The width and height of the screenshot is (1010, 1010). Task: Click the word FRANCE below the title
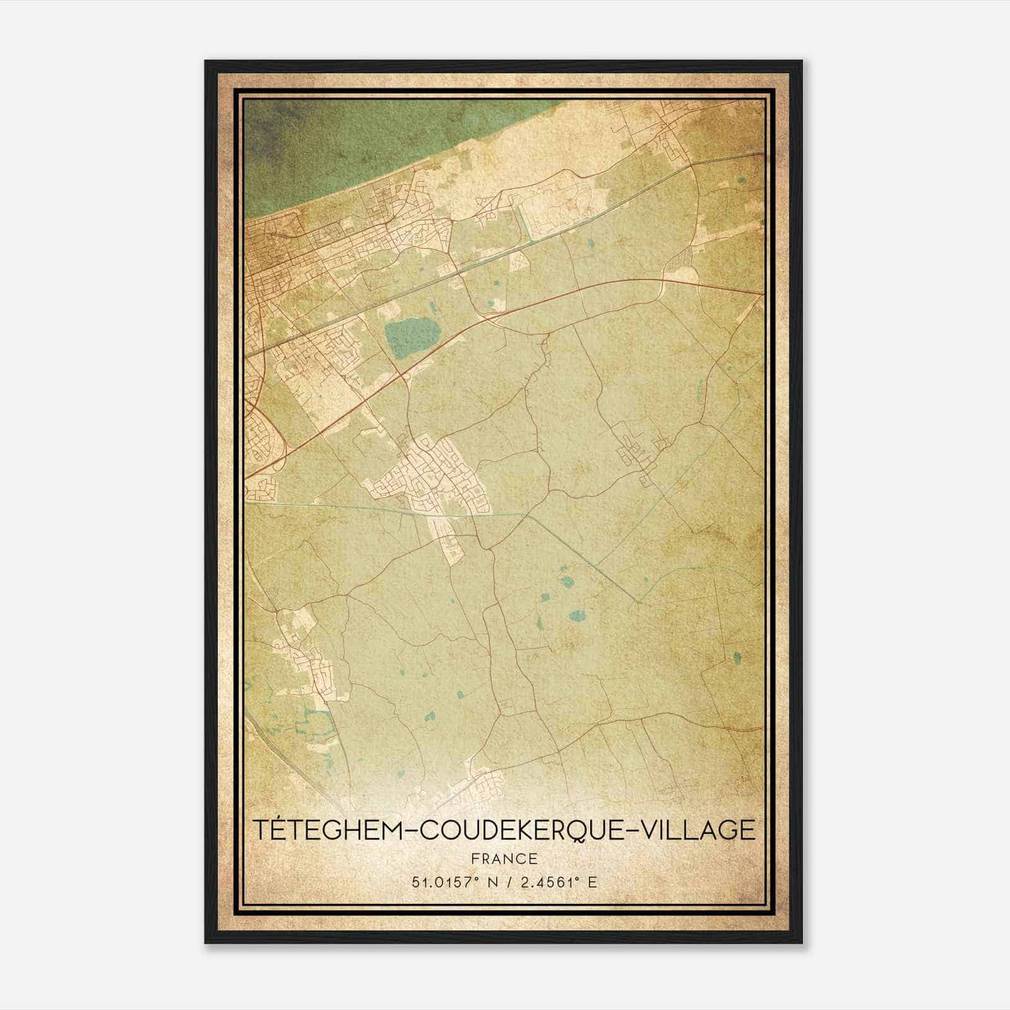tap(504, 858)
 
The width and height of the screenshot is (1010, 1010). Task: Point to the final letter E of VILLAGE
tap(747, 829)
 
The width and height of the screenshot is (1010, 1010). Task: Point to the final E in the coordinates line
tap(592, 882)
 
